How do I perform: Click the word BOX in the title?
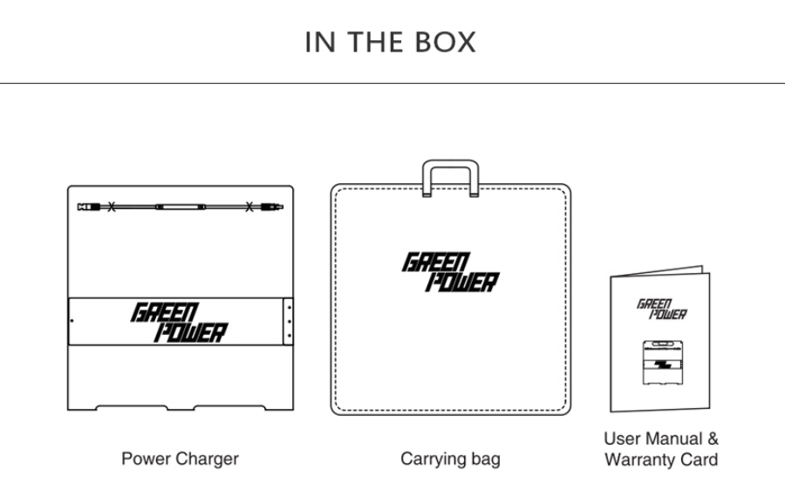pos(445,42)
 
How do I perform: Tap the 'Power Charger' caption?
pos(181,459)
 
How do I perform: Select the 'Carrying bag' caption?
pos(450,460)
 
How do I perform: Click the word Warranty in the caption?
pos(638,460)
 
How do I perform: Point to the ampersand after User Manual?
pos(713,439)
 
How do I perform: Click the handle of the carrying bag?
pos(451,164)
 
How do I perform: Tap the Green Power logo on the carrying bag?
pos(451,272)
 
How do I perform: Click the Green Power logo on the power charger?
pos(179,323)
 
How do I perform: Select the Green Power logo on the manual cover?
pos(662,310)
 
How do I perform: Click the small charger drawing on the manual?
pos(663,363)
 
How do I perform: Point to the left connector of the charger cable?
pos(89,207)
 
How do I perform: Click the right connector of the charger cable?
pos(272,207)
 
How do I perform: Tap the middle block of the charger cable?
pos(181,207)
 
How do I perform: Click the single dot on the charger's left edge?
pos(72,321)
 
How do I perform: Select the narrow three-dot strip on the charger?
pos(288,321)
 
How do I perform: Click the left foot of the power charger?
pos(132,407)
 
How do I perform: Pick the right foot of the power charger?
pos(229,407)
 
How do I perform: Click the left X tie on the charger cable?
pos(111,207)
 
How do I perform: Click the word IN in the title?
pos(320,42)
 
